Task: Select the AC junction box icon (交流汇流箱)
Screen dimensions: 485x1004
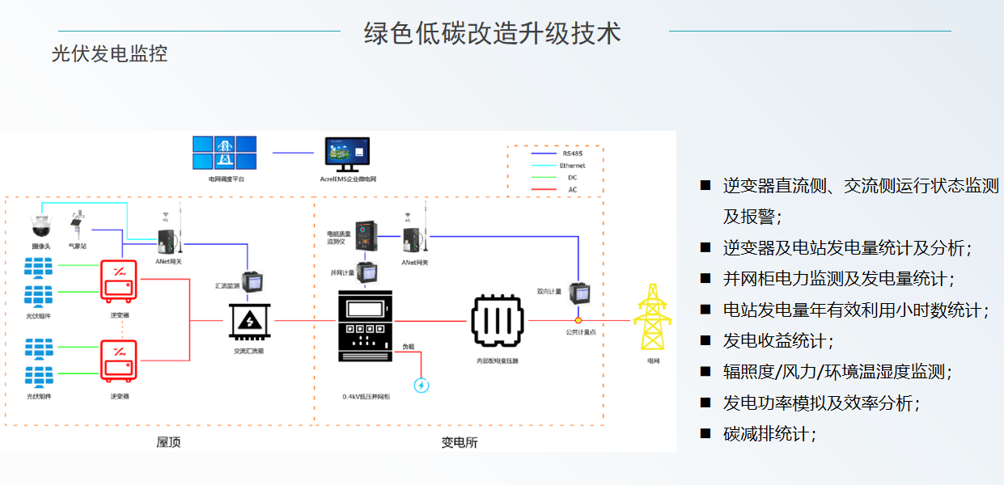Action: coord(250,321)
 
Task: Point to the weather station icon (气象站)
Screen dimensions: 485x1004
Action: coord(79,225)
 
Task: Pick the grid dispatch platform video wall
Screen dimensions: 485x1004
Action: coord(225,154)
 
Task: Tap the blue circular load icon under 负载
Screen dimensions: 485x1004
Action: coord(421,385)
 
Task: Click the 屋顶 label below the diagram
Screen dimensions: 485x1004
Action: coord(167,442)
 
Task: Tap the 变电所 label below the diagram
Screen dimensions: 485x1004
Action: coord(459,442)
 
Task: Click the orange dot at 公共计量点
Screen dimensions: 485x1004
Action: coord(578,321)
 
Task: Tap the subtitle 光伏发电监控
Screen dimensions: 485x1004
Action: coord(109,54)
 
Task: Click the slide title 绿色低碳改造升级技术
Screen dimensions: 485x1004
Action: coord(493,33)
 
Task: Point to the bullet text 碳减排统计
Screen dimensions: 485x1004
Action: coord(765,434)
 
